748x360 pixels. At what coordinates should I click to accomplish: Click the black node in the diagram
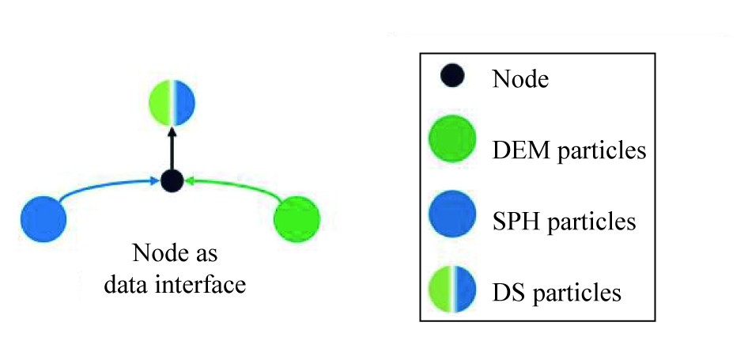point(172,180)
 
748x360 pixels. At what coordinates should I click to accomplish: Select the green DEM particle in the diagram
point(297,218)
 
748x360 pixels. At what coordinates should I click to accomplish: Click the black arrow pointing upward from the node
point(172,146)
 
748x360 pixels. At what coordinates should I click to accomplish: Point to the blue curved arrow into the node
point(103,188)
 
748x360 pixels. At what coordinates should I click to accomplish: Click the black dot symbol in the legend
point(453,77)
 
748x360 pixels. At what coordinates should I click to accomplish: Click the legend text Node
point(520,79)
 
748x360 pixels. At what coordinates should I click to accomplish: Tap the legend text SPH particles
point(564,222)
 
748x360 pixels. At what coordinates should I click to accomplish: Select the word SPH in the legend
point(516,222)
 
